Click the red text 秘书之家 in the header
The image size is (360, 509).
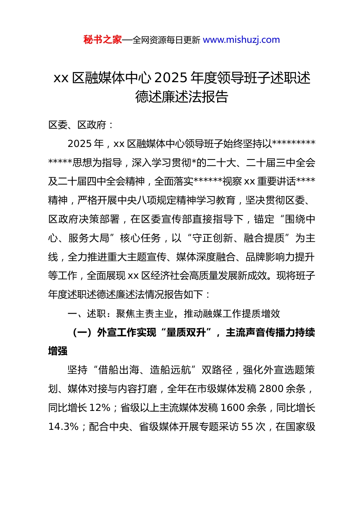102,40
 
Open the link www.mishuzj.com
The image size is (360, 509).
241,40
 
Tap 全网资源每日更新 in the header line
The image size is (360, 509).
166,40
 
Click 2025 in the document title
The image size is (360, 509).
171,78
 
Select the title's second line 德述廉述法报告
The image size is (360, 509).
182,97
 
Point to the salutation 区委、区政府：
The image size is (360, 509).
81,125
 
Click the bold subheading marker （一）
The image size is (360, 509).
82,333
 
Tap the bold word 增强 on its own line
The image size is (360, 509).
58,351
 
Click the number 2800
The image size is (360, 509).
272,389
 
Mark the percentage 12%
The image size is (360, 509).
100,408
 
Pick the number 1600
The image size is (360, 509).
232,408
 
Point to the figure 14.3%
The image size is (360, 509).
63,427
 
